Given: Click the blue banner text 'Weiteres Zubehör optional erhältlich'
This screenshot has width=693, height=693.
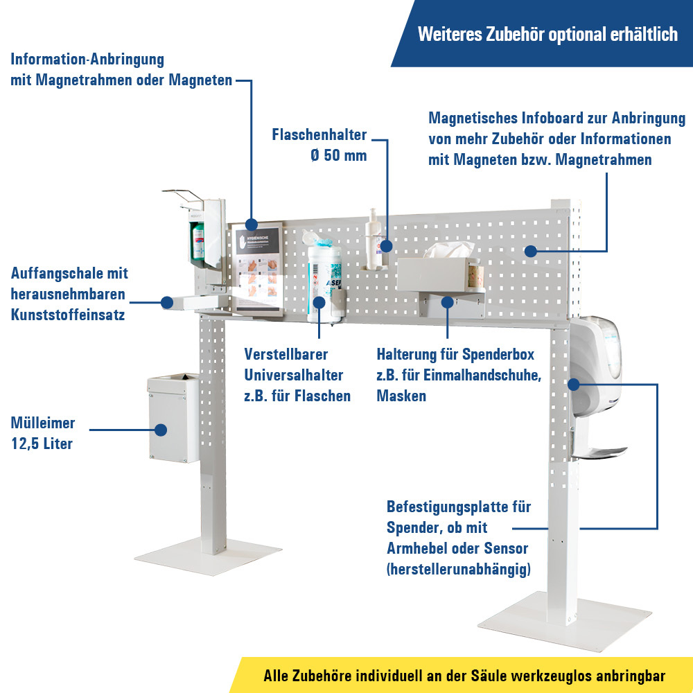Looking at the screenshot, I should pos(547,35).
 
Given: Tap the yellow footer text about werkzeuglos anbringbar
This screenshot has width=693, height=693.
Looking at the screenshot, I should pos(464,676).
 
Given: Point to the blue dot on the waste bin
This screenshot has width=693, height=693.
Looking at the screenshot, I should pos(161,430).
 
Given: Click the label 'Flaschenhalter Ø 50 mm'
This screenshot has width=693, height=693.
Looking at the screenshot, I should pos(319,145).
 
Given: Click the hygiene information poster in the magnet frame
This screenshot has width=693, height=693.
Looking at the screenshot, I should pos(257,267).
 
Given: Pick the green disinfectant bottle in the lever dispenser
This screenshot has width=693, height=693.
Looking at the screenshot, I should pos(198,239).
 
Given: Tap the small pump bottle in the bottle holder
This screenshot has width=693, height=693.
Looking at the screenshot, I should pos(375,239).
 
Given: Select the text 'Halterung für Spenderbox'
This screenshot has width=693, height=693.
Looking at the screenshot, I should pos(455,354).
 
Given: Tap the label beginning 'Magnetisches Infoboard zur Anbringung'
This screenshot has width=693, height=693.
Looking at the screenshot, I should pos(556,139).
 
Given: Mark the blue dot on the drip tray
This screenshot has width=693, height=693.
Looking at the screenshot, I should pos(167,302).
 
